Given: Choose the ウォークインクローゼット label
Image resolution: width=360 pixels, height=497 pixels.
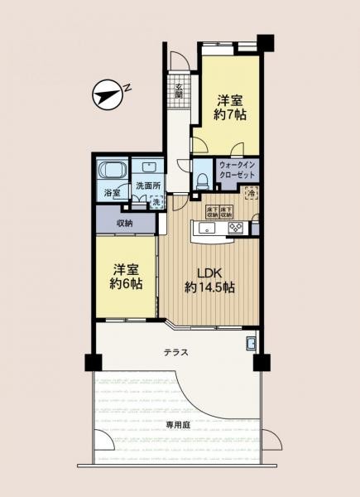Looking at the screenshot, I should (238, 171).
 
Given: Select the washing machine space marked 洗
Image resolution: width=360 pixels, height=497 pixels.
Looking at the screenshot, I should (157, 202).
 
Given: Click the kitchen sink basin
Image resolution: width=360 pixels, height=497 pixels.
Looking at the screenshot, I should (206, 228).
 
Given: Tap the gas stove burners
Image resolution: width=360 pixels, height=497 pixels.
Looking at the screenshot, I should (234, 228).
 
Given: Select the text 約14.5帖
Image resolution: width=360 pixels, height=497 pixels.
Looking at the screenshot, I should (209, 288).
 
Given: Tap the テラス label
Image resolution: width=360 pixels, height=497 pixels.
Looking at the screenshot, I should (175, 352).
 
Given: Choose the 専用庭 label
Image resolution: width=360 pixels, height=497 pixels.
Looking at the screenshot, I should (178, 424).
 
